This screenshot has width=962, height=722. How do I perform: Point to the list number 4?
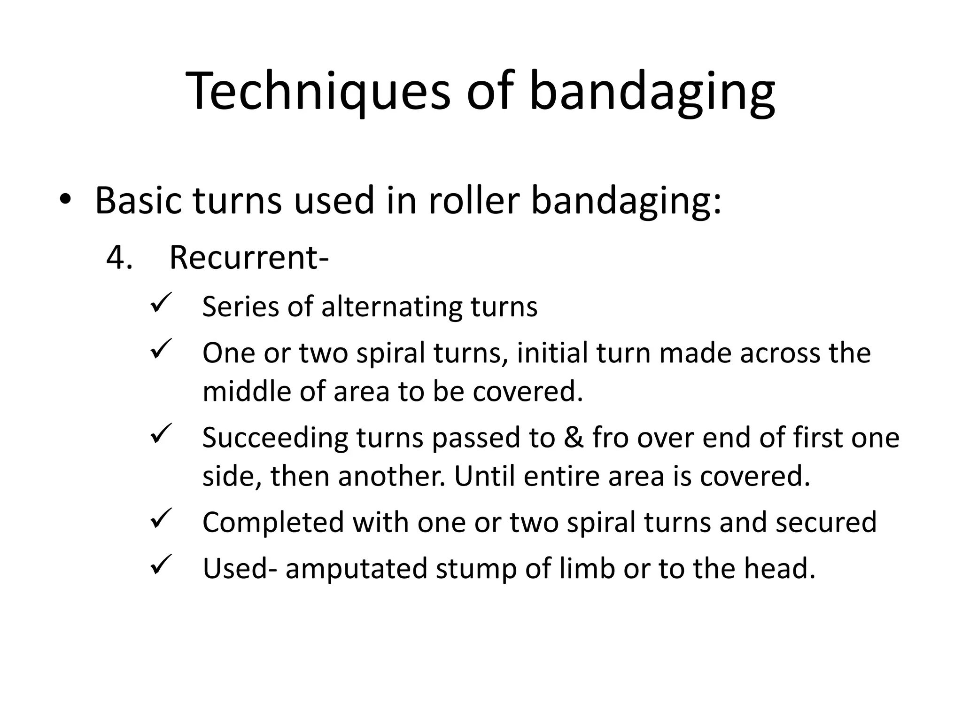(x=119, y=258)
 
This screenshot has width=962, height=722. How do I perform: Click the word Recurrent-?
(x=248, y=258)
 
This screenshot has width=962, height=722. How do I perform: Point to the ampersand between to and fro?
(x=573, y=438)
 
